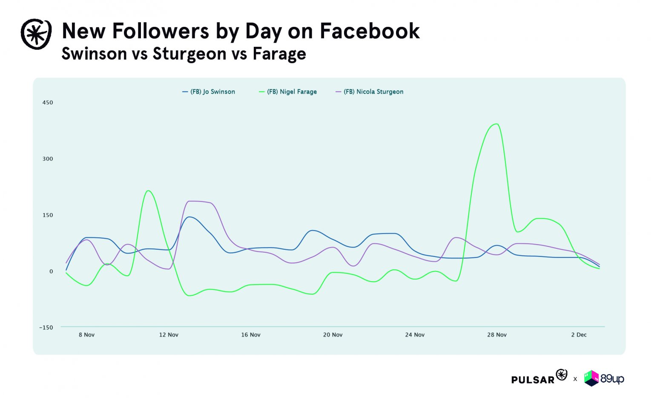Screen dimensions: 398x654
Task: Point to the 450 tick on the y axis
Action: (x=48, y=102)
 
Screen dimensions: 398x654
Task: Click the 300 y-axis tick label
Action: (x=48, y=159)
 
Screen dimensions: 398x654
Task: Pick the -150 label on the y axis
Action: (x=46, y=327)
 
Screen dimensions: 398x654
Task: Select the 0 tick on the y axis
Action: (x=51, y=271)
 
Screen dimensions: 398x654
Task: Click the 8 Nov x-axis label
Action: (x=86, y=335)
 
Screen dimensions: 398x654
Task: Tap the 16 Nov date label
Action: (x=251, y=335)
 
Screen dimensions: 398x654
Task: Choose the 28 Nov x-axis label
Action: (x=497, y=335)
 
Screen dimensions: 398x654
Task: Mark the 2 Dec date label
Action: (x=579, y=335)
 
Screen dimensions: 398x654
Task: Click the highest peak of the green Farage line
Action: (x=496, y=124)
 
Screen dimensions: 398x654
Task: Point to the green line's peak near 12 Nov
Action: (x=148, y=190)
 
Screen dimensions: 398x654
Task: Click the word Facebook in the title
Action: (x=370, y=31)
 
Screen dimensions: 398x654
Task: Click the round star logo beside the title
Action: (x=36, y=34)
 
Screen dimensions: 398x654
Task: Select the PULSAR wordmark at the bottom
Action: (x=533, y=379)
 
